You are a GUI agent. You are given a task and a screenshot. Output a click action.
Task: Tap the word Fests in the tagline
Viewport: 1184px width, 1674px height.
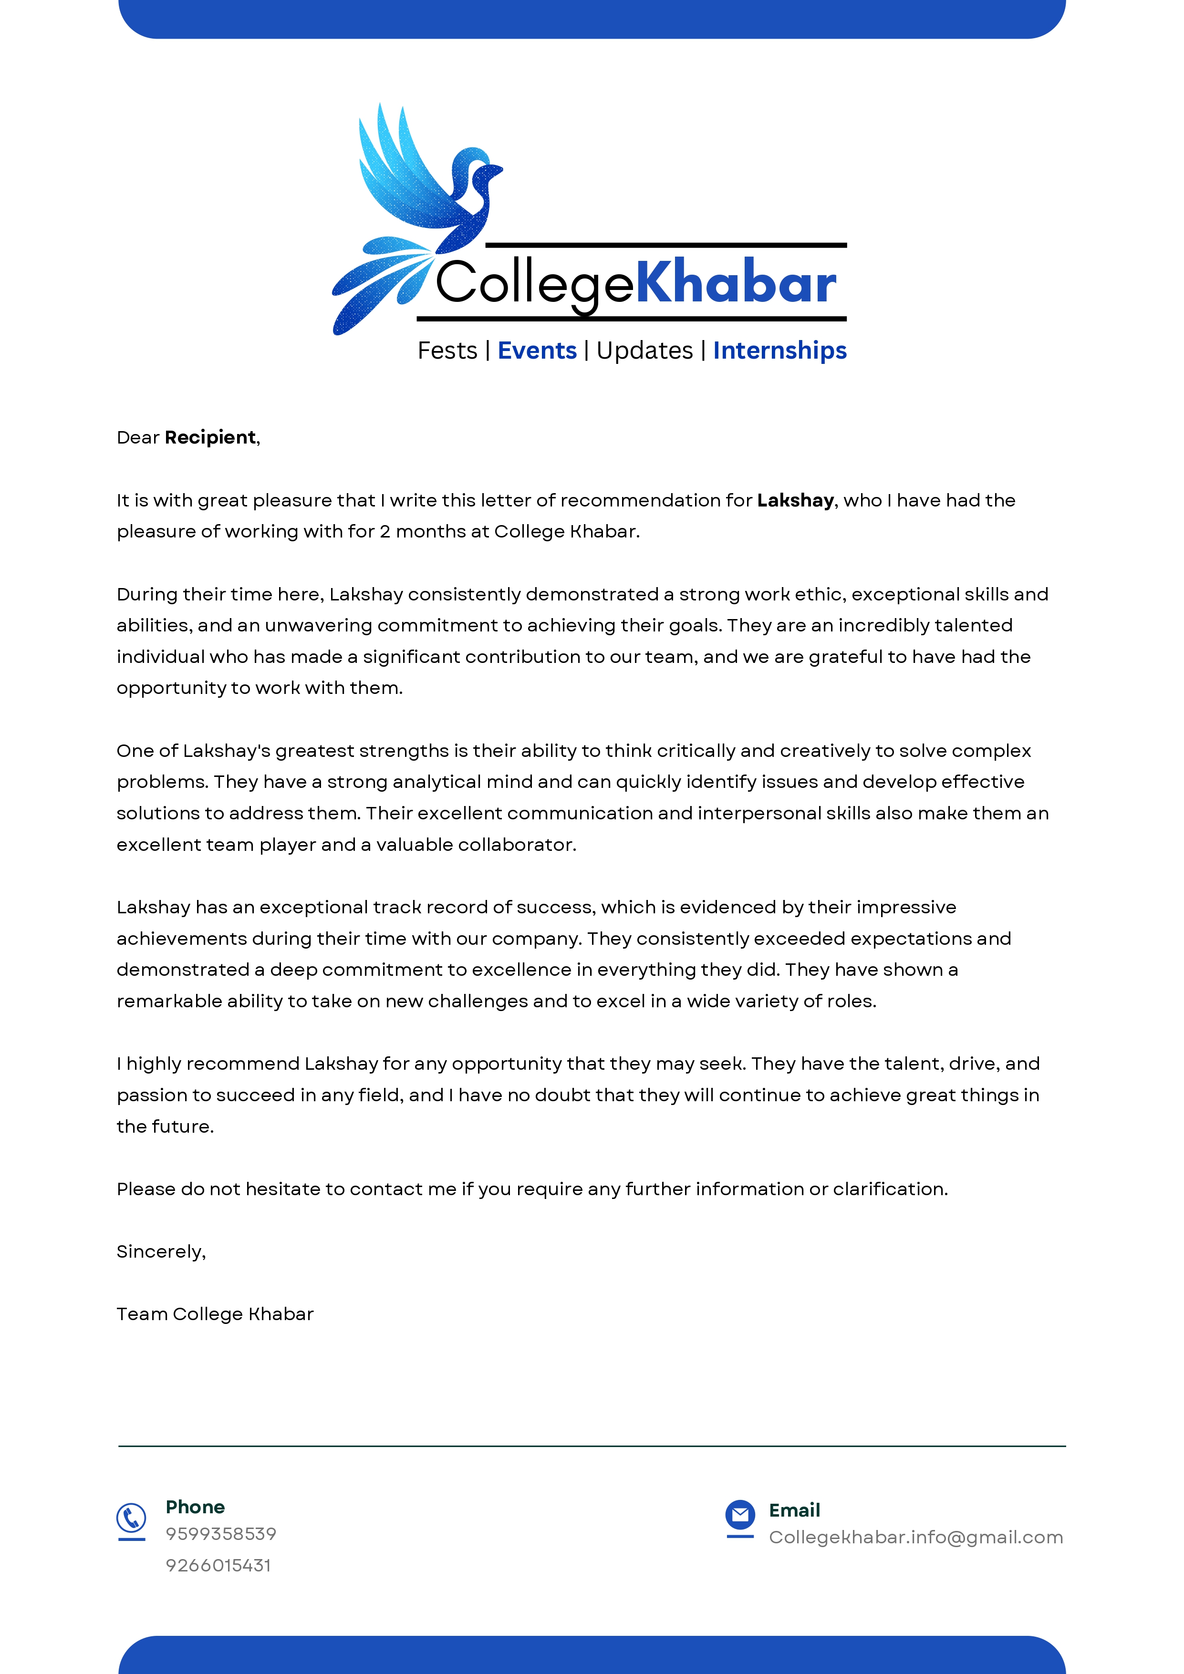[447, 351]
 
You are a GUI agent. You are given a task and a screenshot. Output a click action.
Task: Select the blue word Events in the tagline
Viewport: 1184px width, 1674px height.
[537, 351]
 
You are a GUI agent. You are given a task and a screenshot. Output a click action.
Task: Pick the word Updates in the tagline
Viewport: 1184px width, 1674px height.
[644, 351]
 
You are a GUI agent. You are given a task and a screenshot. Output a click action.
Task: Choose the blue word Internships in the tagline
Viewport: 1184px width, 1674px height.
[779, 351]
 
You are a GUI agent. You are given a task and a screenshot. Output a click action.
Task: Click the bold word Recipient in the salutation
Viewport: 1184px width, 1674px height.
[210, 437]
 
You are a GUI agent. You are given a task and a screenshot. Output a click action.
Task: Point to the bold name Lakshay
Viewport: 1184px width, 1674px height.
[795, 500]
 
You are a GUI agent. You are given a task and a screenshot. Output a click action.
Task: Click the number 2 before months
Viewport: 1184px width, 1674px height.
[384, 531]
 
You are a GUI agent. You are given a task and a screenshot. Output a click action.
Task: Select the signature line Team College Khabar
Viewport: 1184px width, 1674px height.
[215, 1314]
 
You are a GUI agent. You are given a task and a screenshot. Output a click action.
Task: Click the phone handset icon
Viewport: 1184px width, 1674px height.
[131, 1519]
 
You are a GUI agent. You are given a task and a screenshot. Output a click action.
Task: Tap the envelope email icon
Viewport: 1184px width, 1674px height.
[740, 1515]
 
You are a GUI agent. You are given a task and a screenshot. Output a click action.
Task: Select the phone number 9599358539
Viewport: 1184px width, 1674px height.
[221, 1534]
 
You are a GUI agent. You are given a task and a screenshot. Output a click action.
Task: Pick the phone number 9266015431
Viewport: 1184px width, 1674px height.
[218, 1565]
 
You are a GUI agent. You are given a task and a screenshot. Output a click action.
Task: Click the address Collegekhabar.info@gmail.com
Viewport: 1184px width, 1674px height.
[916, 1538]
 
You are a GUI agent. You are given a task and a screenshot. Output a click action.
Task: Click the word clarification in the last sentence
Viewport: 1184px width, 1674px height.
[890, 1189]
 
